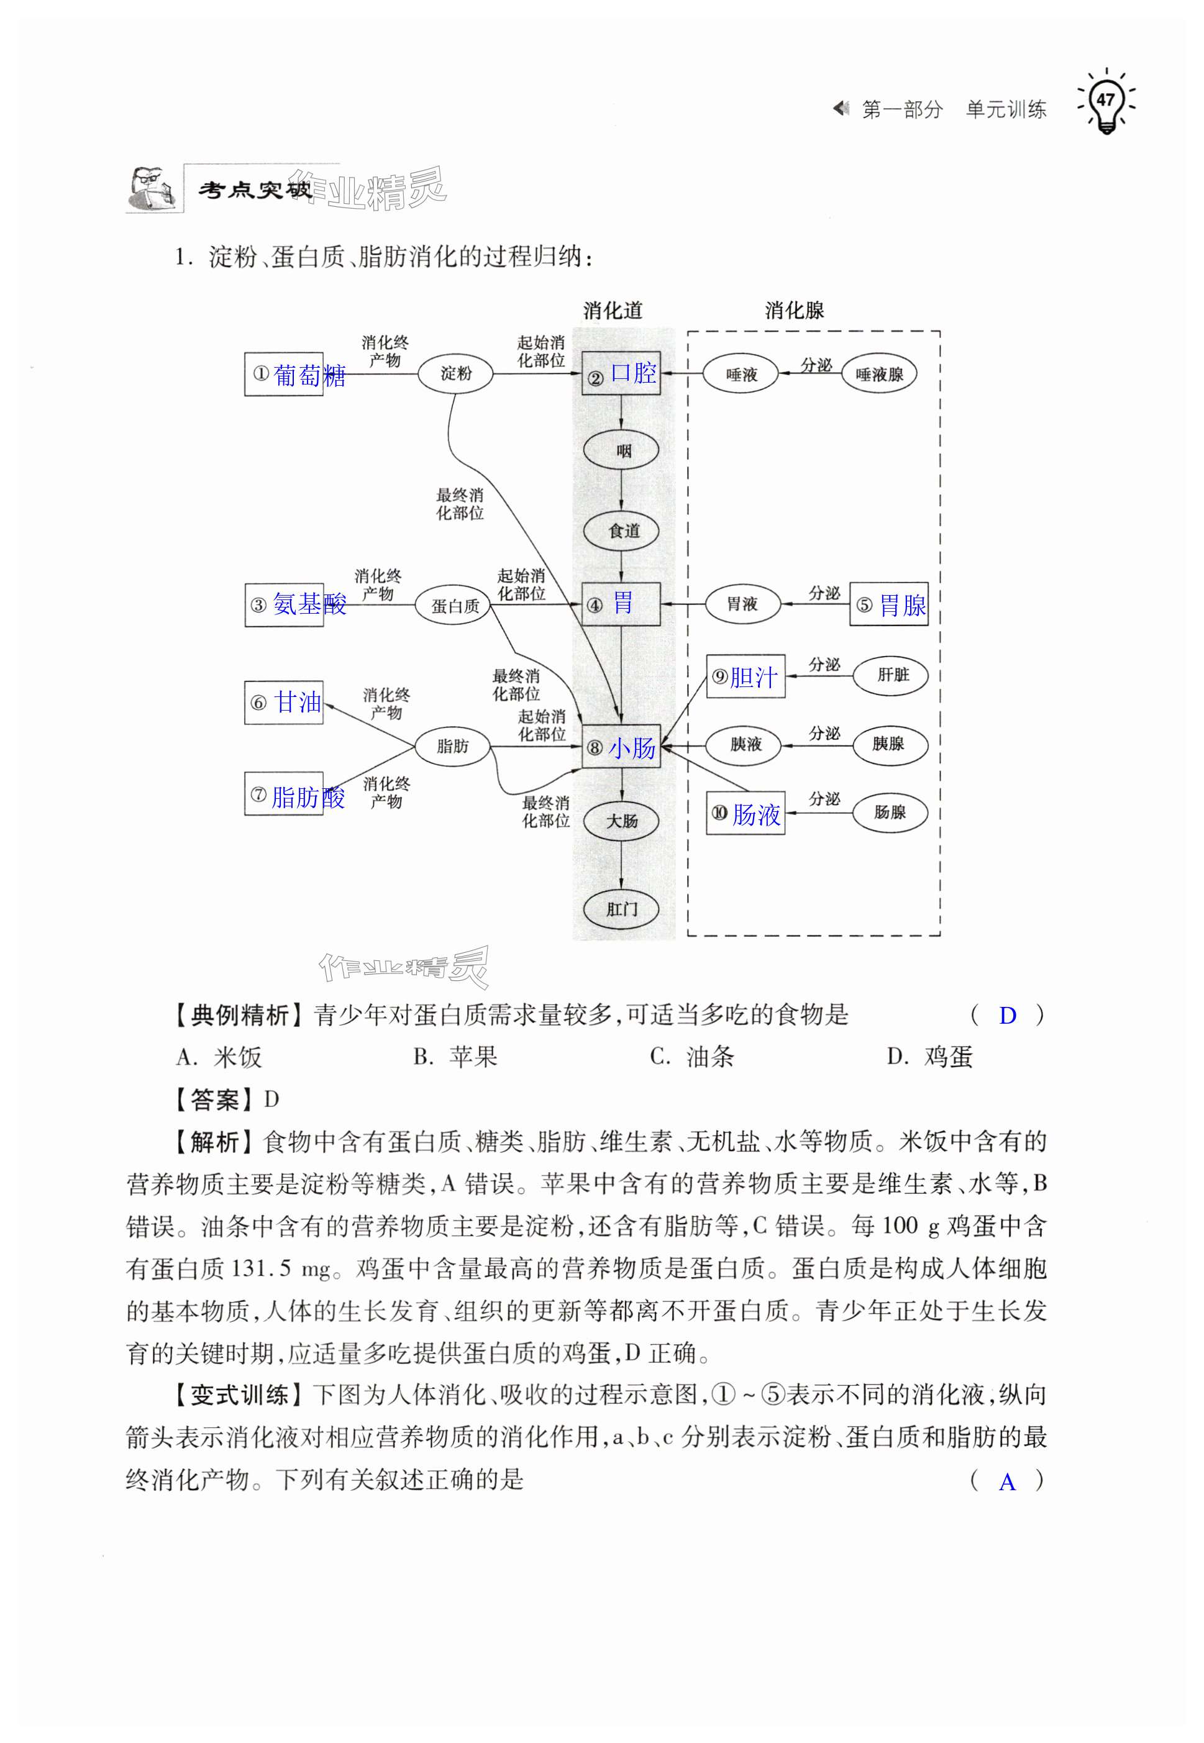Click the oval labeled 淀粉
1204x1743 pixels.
tap(455, 373)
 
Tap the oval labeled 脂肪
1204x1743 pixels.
tap(453, 746)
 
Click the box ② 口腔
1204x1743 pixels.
tap(621, 373)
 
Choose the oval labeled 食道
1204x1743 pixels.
tap(622, 530)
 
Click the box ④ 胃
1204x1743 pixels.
tap(621, 604)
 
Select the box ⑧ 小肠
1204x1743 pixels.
tap(621, 747)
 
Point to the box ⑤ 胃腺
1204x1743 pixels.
tap(888, 604)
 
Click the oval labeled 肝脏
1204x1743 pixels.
tap(891, 675)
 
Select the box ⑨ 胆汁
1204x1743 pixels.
tap(746, 676)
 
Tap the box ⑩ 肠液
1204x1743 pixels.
tap(746, 813)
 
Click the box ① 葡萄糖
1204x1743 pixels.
tap(285, 374)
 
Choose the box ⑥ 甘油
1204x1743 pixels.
tap(284, 702)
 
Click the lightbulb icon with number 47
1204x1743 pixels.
tap(1106, 102)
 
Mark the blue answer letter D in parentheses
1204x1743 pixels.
tap(1007, 1016)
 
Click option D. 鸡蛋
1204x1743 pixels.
tap(930, 1057)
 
